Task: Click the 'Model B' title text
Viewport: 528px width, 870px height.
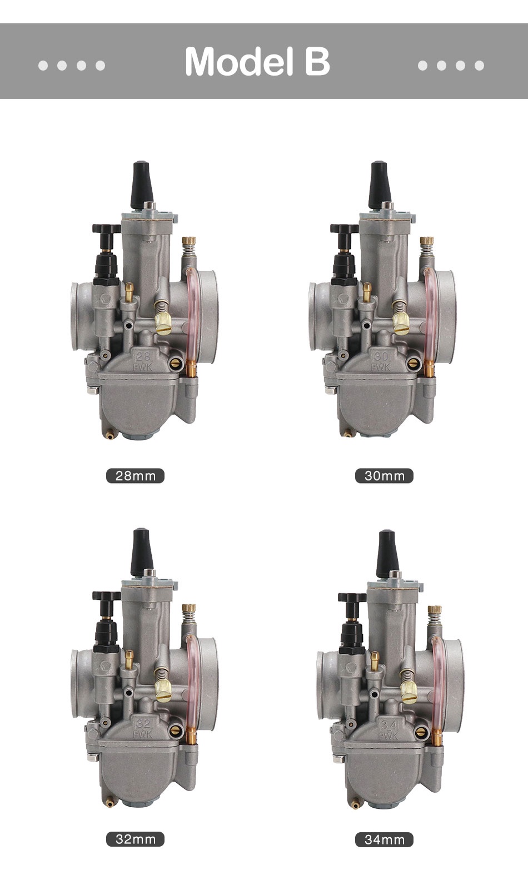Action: (257, 61)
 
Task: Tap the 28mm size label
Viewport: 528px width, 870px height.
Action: (135, 476)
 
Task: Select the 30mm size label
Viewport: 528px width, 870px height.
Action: (384, 476)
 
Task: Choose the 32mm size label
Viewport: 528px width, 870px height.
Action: (135, 839)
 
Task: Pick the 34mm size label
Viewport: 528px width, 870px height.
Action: (384, 839)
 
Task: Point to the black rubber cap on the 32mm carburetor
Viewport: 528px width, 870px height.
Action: (141, 552)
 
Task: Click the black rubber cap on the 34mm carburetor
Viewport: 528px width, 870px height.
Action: (387, 554)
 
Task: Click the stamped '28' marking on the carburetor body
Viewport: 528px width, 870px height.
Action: (143, 356)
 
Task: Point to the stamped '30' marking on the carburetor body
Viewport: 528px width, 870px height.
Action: (381, 356)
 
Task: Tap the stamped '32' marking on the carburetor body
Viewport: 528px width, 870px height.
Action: (143, 723)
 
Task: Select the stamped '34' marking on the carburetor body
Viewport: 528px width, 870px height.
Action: (389, 725)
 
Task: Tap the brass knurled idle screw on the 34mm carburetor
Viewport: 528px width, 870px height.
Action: (409, 692)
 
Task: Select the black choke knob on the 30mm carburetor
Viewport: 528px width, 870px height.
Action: (344, 229)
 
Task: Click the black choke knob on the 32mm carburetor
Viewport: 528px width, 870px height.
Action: (106, 596)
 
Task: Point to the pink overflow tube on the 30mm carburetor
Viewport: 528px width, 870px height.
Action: (430, 311)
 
